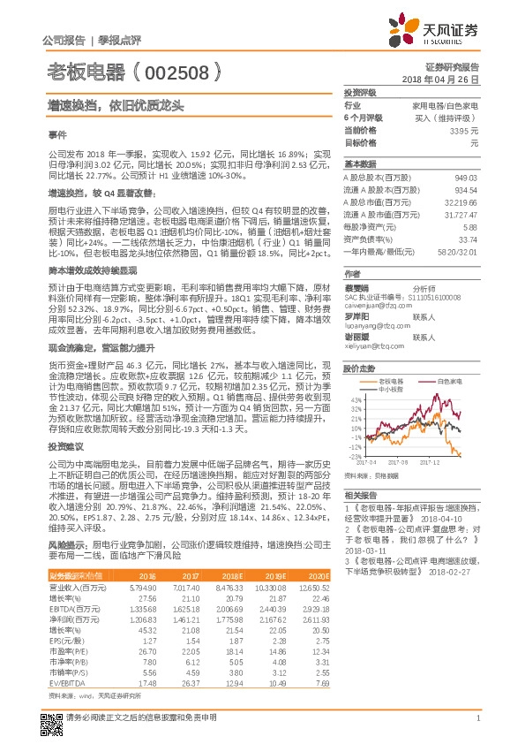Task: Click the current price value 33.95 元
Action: (463, 130)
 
